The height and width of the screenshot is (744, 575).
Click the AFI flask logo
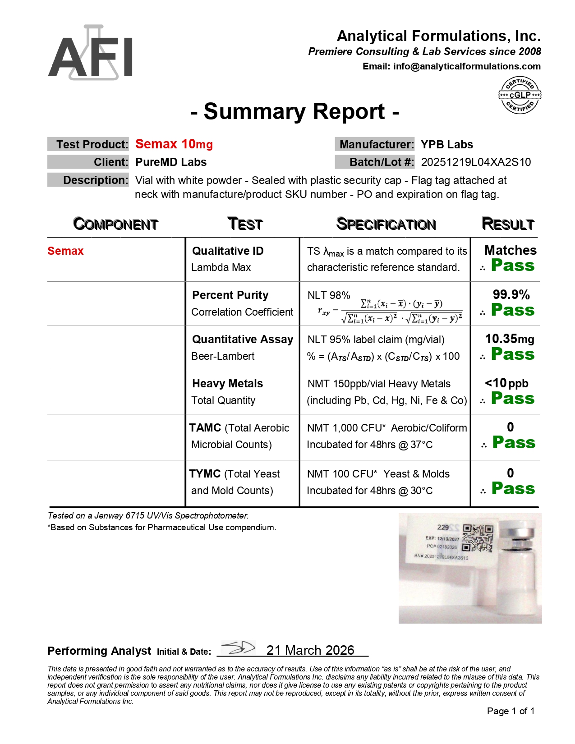click(90, 53)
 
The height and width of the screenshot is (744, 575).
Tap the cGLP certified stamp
click(520, 95)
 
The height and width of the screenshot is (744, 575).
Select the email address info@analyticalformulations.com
click(467, 66)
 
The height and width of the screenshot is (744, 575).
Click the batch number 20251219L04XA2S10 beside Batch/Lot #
click(476, 162)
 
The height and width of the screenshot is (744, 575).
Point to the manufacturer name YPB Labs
click(446, 145)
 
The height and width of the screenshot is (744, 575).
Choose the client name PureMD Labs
click(171, 162)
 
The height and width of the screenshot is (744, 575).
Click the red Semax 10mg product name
click(174, 144)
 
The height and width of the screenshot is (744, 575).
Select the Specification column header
click(386, 224)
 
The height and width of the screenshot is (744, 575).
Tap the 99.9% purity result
click(511, 295)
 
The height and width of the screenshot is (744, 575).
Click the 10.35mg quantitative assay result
click(510, 339)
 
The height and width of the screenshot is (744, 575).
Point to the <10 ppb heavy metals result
click(506, 383)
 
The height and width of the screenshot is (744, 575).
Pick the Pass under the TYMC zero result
click(513, 489)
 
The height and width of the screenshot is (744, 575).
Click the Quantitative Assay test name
click(243, 340)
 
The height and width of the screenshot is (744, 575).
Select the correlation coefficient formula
click(390, 311)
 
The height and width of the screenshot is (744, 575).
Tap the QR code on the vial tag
click(478, 538)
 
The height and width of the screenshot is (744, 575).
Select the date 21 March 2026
click(310, 650)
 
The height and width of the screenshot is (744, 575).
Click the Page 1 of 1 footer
click(511, 711)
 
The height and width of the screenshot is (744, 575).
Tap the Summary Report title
click(294, 112)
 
